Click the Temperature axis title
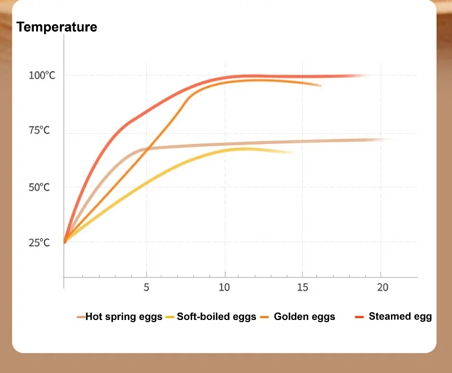pos(56,27)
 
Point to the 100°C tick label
pos(42,76)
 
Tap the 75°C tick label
pos(40,131)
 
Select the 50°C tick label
pos(40,187)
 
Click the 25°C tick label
pos(40,243)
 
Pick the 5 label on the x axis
pos(146,287)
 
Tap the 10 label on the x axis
pos(225,287)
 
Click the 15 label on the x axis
pos(303,287)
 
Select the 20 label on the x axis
pos(383,287)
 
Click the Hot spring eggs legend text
pos(124,317)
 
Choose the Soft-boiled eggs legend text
pos(216,317)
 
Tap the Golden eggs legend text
pos(305,317)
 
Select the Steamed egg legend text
pos(400,317)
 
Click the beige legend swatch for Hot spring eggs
pos(81,317)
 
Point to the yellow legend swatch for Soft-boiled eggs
pos(170,317)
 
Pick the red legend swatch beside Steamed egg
pos(359,317)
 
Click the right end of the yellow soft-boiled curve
pos(293,152)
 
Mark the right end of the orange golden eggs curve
pos(320,86)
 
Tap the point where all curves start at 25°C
pos(64,242)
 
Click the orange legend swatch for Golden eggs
pos(264,317)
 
